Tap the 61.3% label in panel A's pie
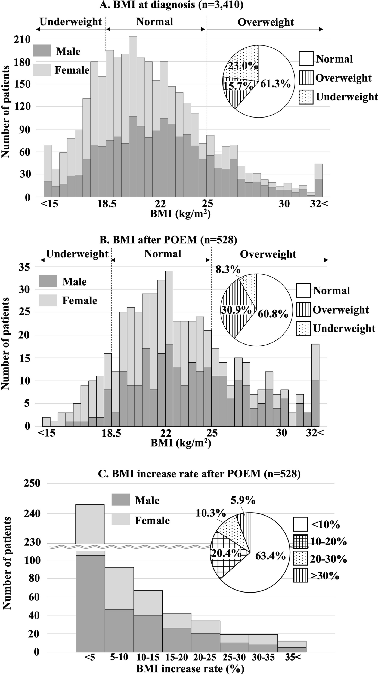tap(275, 84)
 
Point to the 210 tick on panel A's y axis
tap(22, 40)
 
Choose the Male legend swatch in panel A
tap(42, 51)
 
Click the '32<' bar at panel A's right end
tap(318, 180)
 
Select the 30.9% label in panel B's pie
tap(236, 310)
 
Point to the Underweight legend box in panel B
tap(303, 329)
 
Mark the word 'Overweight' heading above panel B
tap(268, 254)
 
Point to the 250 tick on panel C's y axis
tap(32, 483)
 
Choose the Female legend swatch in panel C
tap(120, 520)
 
